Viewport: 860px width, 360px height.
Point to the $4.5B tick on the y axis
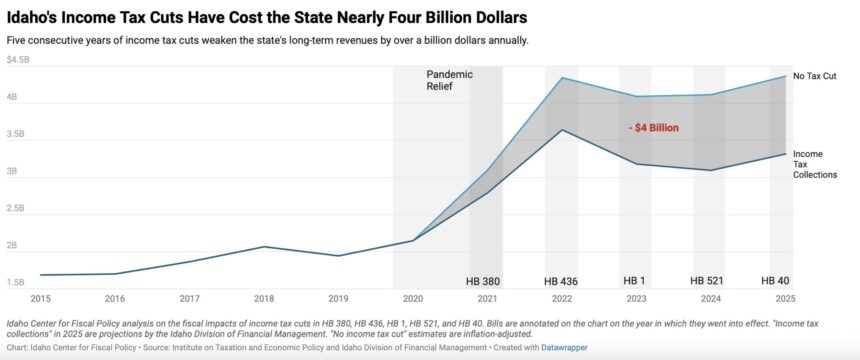coord(19,60)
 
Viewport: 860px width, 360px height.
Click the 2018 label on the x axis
coord(264,298)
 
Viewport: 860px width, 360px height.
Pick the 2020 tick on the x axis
coord(412,298)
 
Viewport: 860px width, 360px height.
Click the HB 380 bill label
coord(483,281)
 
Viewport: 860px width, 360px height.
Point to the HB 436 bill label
coord(561,281)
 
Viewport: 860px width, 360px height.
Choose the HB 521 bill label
coord(709,281)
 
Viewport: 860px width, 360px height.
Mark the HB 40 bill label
coord(776,281)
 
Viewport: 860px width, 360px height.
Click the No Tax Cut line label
coord(816,76)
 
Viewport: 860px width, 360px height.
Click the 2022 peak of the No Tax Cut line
coord(562,78)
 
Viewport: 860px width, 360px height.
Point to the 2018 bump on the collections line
coord(264,246)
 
